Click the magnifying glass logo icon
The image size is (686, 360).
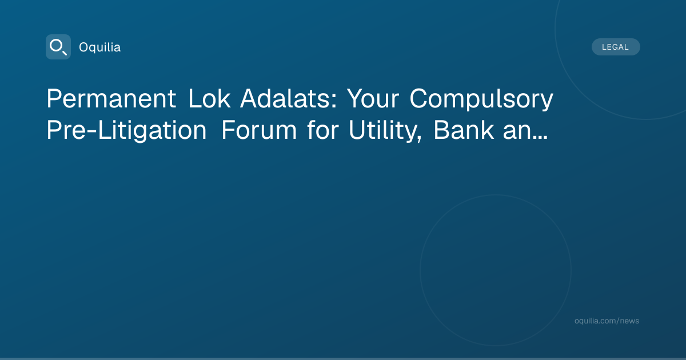(58, 47)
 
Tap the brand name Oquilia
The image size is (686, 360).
(100, 47)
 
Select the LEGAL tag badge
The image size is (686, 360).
(616, 47)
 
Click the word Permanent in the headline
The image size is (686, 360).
(111, 98)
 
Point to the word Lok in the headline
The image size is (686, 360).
(209, 98)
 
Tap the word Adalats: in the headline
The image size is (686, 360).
(289, 98)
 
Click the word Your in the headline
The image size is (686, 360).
(373, 98)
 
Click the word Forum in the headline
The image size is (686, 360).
(259, 130)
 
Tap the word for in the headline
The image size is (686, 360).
(323, 130)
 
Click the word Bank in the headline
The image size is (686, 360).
(464, 130)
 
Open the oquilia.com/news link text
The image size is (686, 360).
(607, 321)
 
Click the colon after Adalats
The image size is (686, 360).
(334, 101)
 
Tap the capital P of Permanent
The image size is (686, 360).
(54, 98)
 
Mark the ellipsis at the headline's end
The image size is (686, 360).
(540, 138)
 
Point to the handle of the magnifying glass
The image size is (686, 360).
(65, 53)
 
